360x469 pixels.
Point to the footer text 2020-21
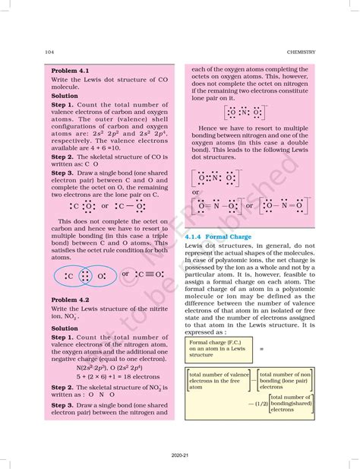[x=179, y=454]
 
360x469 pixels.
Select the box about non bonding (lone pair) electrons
[x=285, y=380]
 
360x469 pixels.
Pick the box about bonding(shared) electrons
[x=290, y=403]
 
